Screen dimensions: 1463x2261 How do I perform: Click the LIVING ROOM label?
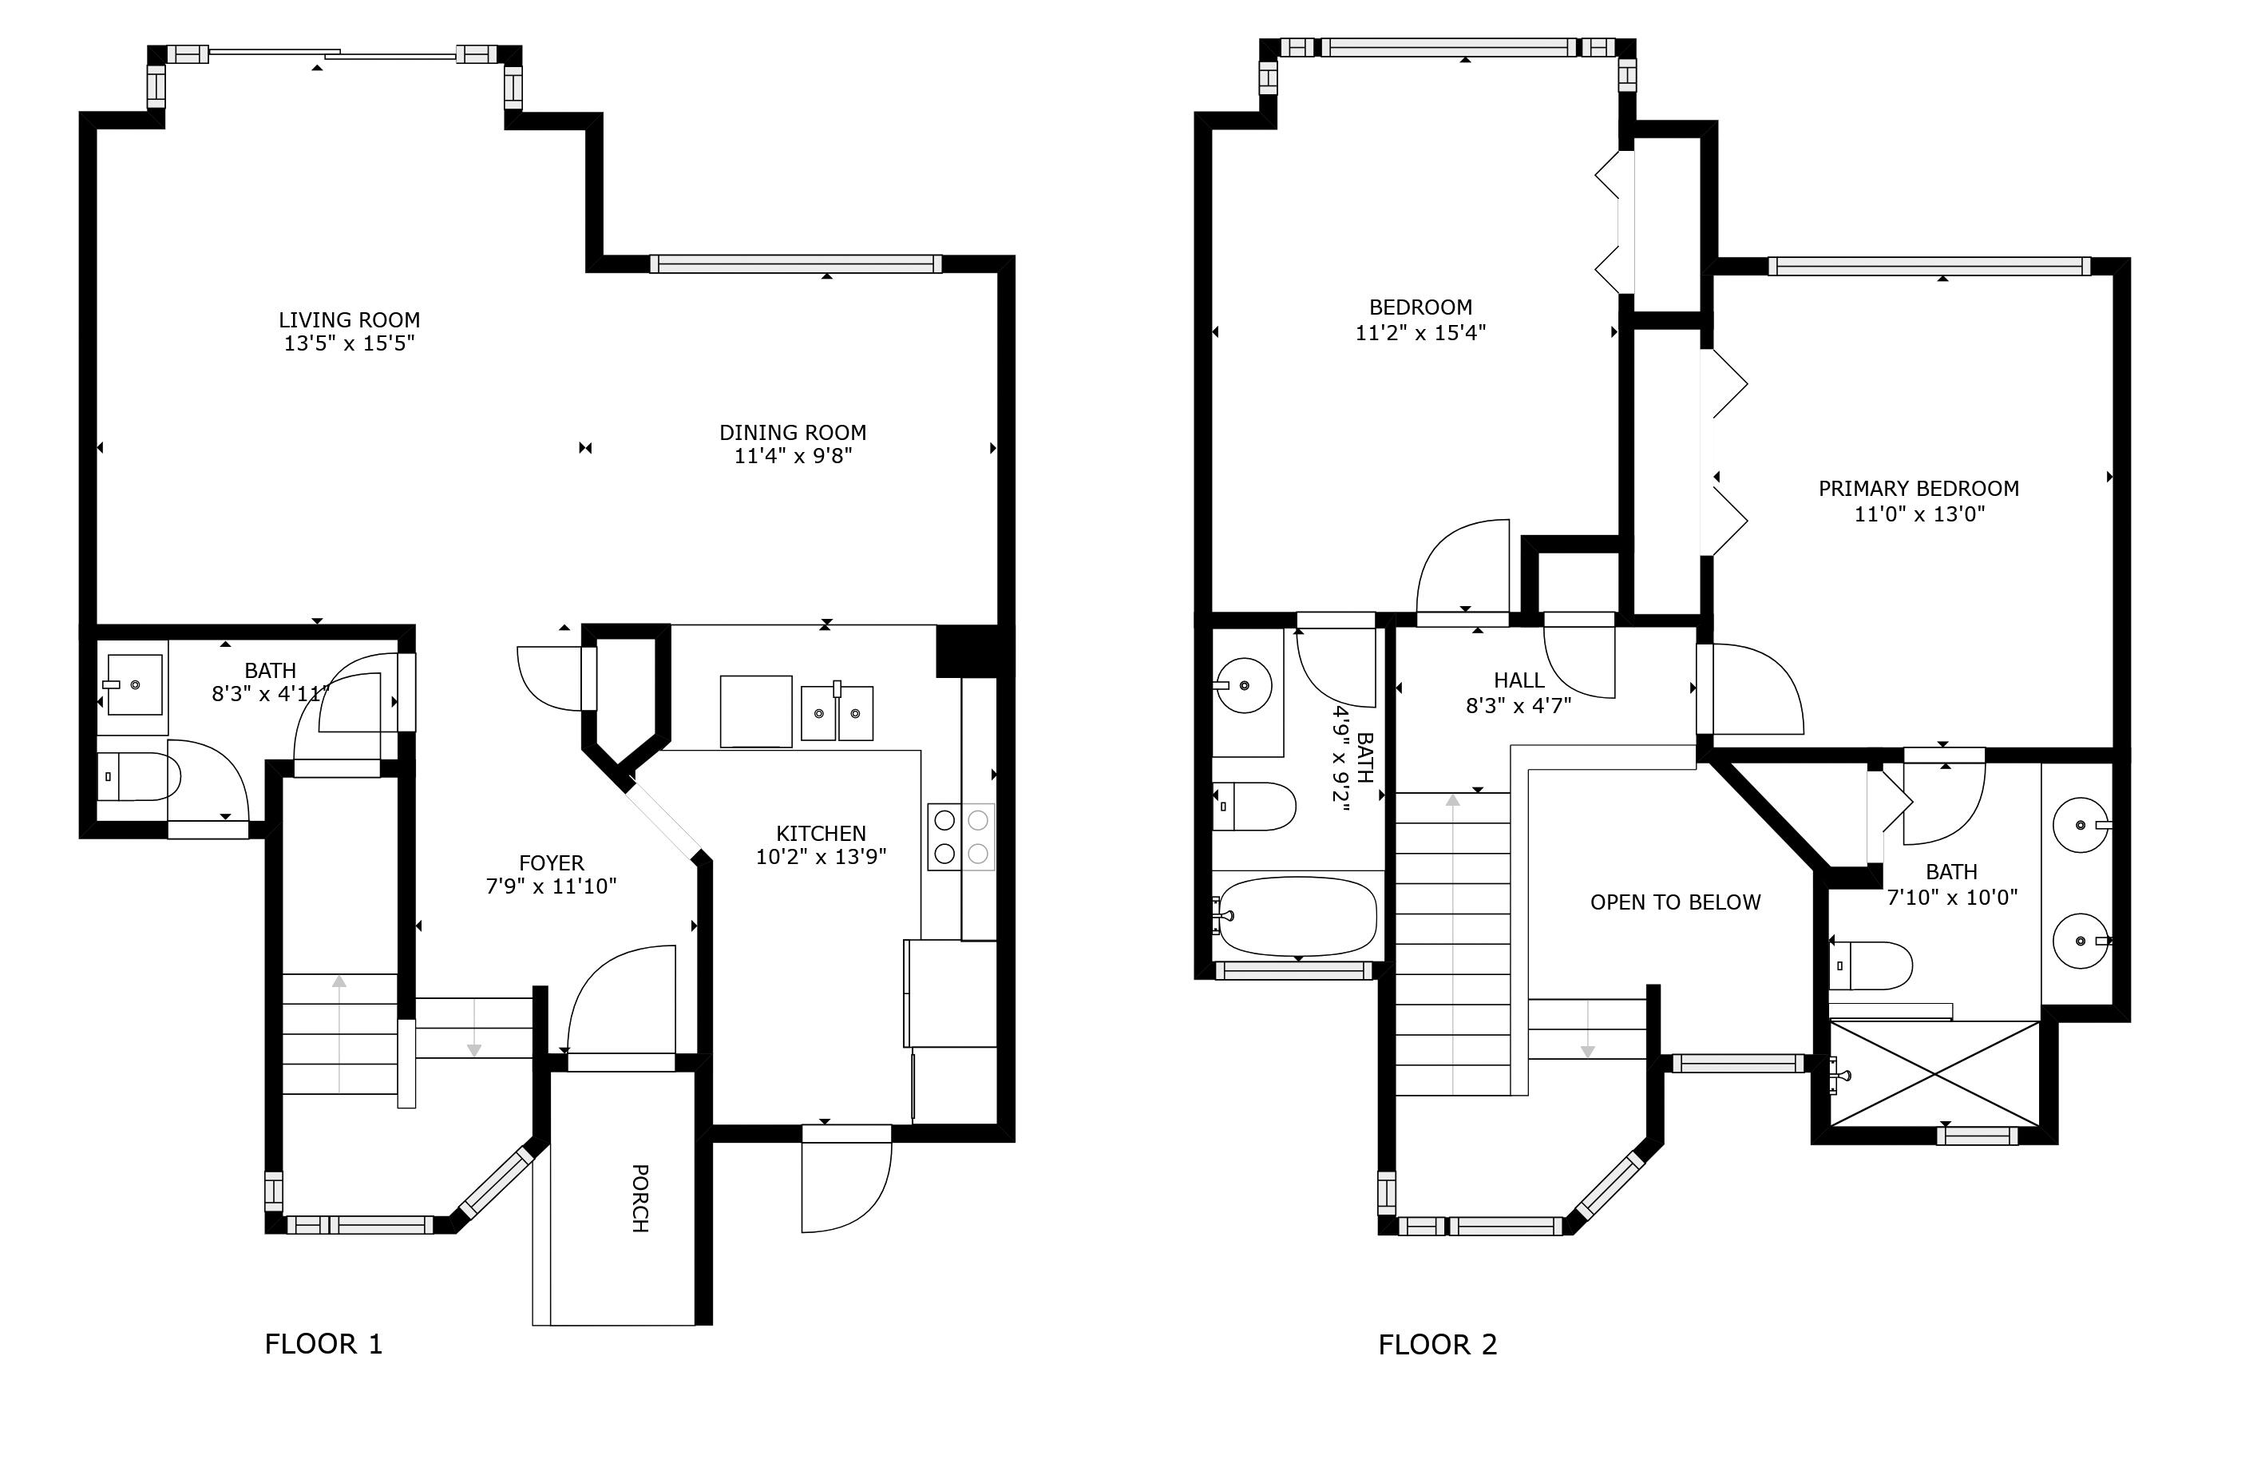pos(349,320)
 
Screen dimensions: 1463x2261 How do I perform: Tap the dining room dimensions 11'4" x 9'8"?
pos(792,456)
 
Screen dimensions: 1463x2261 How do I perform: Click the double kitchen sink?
pos(836,712)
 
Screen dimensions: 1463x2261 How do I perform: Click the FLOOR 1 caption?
pos(323,1343)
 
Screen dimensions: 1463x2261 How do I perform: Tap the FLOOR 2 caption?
pos(1437,1344)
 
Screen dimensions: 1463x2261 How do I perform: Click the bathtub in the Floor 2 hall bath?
pos(1297,916)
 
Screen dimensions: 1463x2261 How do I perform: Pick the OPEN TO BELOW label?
pos(1674,902)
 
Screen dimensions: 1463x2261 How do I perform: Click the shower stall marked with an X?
pos(1934,1073)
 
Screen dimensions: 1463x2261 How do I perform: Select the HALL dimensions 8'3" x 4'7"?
pos(1518,705)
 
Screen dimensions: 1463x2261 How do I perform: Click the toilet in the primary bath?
pos(1873,965)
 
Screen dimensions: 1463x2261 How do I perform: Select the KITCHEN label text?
pos(821,833)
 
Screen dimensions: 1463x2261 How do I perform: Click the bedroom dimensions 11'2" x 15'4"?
pos(1420,332)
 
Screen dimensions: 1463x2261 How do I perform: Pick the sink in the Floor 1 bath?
pos(134,684)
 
